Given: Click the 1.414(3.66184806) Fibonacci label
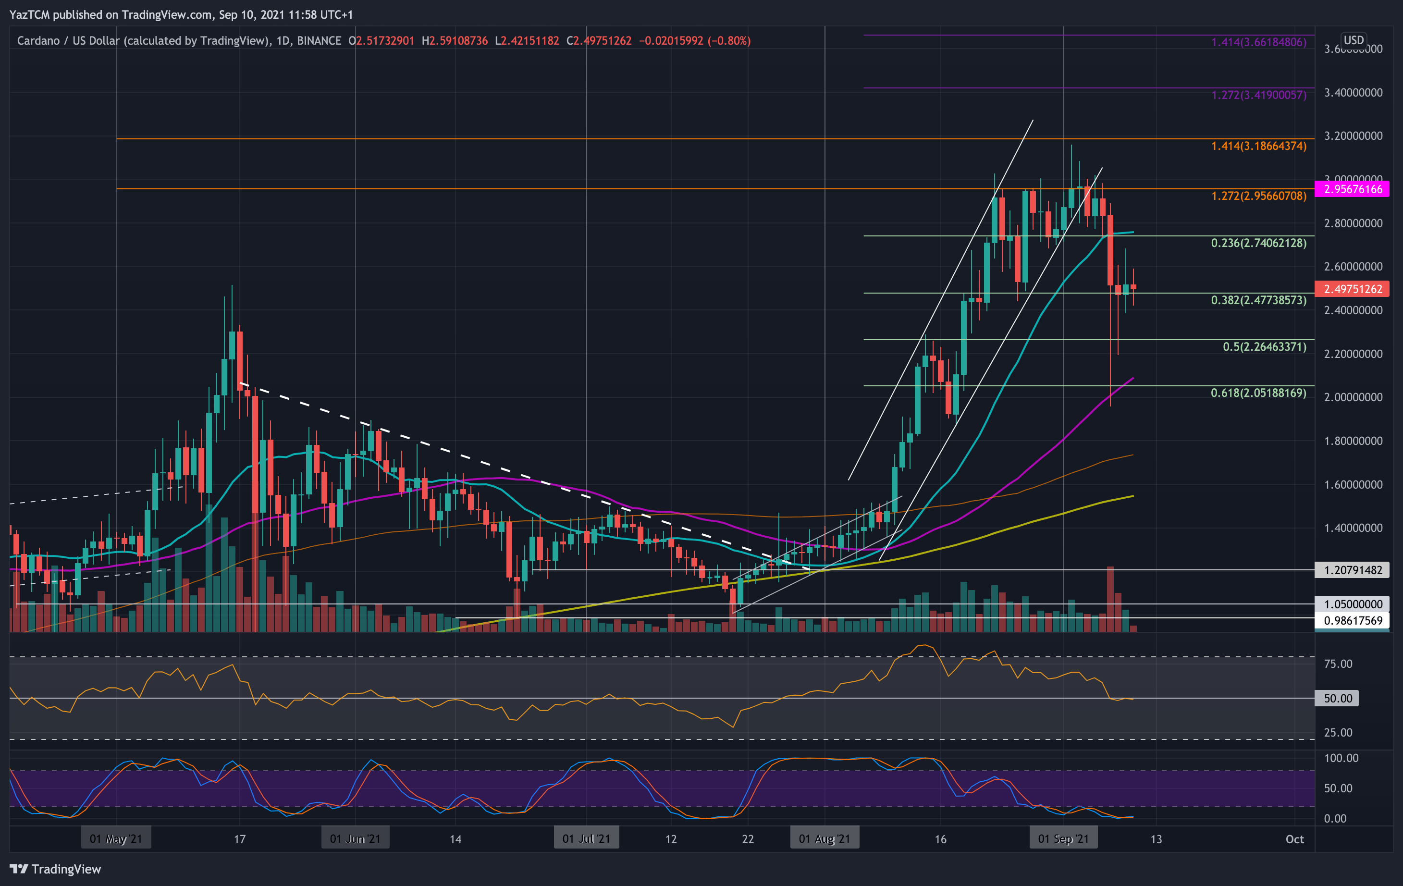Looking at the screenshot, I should coord(1258,43).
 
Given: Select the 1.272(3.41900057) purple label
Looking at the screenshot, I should coord(1258,95).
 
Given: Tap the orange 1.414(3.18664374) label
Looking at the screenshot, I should coord(1258,146).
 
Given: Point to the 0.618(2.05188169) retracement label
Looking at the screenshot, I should coord(1258,393).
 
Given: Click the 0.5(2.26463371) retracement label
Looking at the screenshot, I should coord(1264,347).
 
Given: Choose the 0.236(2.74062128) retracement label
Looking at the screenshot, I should coord(1258,243).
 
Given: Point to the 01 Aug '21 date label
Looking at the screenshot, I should coord(824,839).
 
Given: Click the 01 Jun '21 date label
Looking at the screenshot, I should coord(355,839).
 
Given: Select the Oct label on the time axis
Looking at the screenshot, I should coord(1294,839).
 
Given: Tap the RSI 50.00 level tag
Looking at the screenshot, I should coord(1337,699).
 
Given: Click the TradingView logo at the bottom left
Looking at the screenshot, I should coord(55,869).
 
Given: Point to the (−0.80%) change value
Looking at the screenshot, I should coord(729,41).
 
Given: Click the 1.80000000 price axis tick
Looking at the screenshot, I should coord(1353,441).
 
